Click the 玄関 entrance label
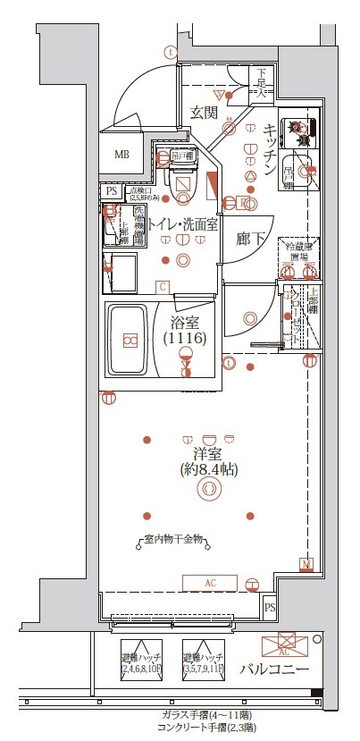[x=204, y=113]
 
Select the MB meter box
[x=121, y=154]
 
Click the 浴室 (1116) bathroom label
[x=185, y=330]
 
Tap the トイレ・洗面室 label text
[x=182, y=225]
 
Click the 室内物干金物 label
[x=175, y=540]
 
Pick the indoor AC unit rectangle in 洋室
[x=211, y=583]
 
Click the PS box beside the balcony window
[x=270, y=608]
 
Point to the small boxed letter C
[x=163, y=287]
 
